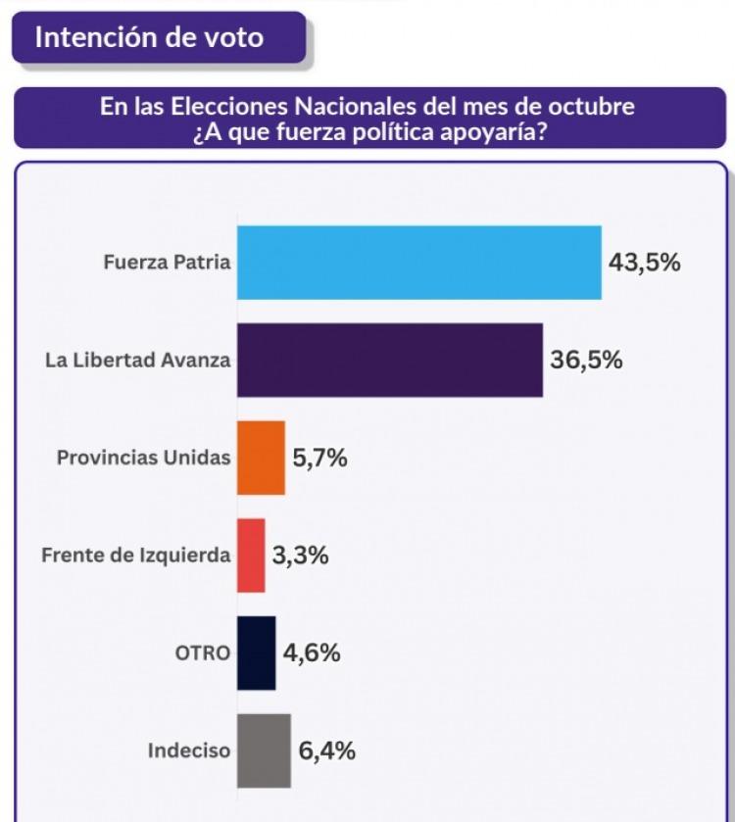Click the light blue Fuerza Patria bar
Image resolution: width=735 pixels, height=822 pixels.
point(418,263)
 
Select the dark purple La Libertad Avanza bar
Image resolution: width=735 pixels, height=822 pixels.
point(389,360)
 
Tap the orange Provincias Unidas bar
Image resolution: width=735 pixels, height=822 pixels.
point(261,458)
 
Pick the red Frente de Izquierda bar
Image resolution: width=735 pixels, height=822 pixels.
point(251,556)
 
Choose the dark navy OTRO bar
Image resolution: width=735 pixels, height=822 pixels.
point(256,653)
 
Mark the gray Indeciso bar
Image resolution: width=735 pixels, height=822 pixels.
point(264,751)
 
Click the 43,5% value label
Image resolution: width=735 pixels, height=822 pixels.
point(644,263)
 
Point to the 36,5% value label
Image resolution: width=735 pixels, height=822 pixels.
point(586,360)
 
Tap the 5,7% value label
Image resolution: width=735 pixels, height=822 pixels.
point(319,458)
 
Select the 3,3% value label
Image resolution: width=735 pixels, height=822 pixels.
point(300,556)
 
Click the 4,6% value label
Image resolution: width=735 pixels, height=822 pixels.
point(312,653)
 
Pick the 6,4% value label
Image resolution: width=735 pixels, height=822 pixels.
point(326,751)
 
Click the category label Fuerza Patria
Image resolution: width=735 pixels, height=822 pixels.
point(168,263)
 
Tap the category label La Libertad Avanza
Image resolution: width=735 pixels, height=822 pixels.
point(138,360)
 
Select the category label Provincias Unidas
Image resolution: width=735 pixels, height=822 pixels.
point(144,458)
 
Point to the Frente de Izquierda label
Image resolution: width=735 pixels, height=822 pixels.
point(136,556)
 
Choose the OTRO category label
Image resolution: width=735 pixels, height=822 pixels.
point(202,653)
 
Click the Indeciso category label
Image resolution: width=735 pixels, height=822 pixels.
point(189,751)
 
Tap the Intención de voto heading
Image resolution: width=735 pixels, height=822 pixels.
point(149,38)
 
